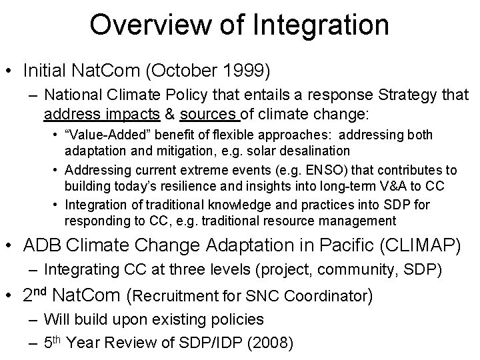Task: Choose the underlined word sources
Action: [x=204, y=113]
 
